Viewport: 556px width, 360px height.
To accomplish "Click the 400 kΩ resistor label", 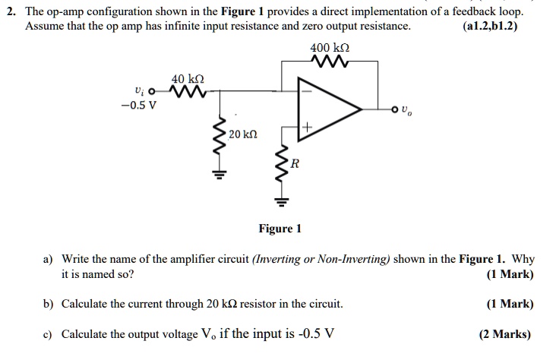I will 330,47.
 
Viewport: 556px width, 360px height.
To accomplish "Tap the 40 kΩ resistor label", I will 188,79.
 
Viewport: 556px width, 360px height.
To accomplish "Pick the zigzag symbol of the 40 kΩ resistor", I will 188,93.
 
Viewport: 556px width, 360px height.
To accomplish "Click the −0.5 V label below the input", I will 138,105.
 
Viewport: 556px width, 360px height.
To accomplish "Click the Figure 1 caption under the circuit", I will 280,229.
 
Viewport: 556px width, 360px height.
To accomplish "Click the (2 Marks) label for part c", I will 505,334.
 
